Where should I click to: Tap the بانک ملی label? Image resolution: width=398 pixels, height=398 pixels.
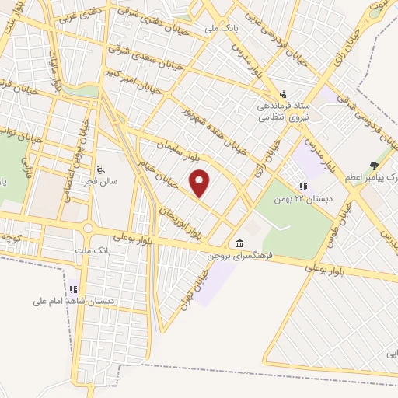tap(220, 28)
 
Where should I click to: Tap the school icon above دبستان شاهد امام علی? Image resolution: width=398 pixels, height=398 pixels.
tap(74, 288)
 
